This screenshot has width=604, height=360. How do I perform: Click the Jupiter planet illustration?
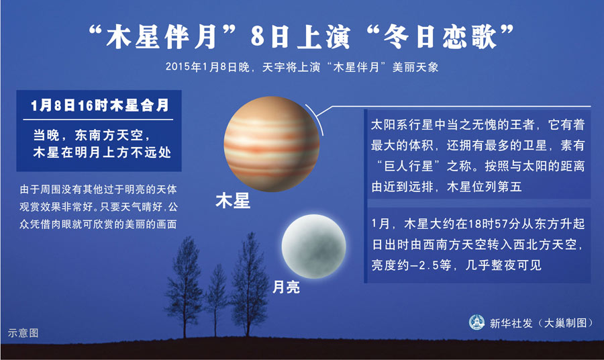tap(272, 144)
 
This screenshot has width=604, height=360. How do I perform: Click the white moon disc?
tap(313, 246)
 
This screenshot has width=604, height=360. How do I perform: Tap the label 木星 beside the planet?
tap(233, 201)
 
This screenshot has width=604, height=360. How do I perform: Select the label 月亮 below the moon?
tap(286, 287)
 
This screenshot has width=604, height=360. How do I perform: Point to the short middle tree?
tap(217, 300)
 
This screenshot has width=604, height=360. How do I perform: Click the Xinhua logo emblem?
tap(476, 322)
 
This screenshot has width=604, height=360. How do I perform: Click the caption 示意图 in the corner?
tap(23, 333)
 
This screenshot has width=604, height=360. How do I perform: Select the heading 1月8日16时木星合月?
tap(100, 105)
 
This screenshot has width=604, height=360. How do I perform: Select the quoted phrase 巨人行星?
tap(409, 166)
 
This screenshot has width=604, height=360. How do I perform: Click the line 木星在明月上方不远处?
tap(102, 152)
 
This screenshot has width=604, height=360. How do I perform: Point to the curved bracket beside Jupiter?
tap(315, 119)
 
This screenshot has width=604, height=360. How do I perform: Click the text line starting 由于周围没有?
tap(98, 189)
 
